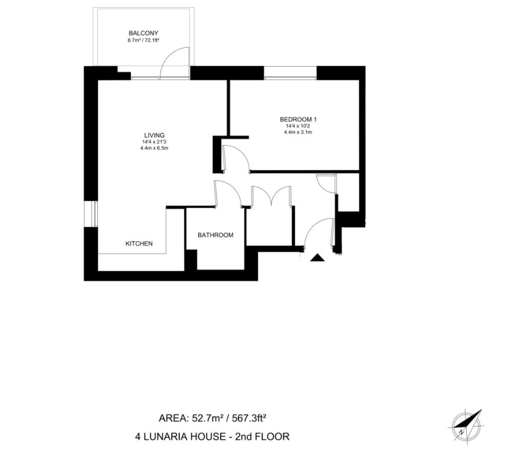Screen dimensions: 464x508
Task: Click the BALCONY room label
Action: pos(143,33)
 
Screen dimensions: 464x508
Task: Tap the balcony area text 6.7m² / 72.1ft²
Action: pos(143,41)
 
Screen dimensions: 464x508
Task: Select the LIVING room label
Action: pos(153,135)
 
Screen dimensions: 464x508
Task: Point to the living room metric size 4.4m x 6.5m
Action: pos(153,148)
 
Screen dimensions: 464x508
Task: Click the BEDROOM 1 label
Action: pos(298,120)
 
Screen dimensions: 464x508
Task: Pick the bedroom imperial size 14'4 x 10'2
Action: pos(298,126)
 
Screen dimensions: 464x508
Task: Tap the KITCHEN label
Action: pos(139,243)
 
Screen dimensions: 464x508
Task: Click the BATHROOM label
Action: pos(215,235)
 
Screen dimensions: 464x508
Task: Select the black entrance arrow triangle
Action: pos(317,257)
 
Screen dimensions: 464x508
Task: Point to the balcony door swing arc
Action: pos(175,61)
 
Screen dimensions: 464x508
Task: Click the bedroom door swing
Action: pos(235,158)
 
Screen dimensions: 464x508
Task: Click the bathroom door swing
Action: pos(227,193)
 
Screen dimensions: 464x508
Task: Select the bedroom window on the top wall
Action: pos(290,73)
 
